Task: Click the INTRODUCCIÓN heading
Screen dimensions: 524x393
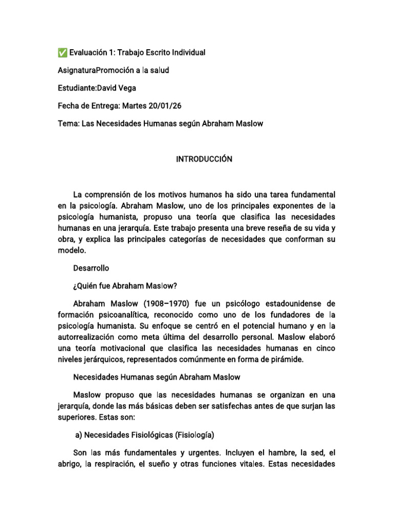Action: pyautogui.click(x=204, y=159)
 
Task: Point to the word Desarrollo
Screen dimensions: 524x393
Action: pyautogui.click(x=92, y=268)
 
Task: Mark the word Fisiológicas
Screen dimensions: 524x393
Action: pyautogui.click(x=147, y=435)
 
